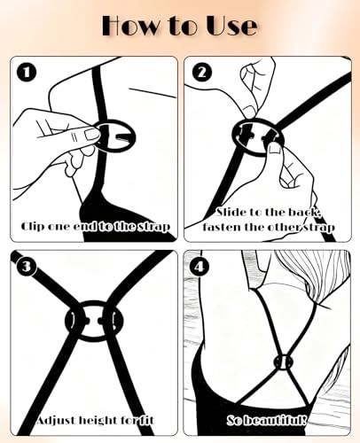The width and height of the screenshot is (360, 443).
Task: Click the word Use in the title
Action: click(231, 26)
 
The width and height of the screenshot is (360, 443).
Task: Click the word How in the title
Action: click(129, 26)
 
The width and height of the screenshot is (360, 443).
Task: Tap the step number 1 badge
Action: click(27, 73)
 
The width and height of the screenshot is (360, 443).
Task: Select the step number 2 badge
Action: click(201, 73)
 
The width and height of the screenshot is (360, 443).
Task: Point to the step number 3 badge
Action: click(27, 267)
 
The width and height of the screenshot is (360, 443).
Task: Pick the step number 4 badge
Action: click(200, 267)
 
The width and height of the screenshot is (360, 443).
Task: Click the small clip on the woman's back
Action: click(283, 361)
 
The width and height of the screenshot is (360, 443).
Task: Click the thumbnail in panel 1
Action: click(91, 135)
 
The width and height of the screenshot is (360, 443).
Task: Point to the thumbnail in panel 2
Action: click(276, 149)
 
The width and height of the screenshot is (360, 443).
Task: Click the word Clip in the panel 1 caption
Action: click(33, 226)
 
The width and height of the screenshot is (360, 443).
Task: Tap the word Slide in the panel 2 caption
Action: click(231, 212)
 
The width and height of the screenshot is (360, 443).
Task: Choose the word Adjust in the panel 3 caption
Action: click(56, 420)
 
